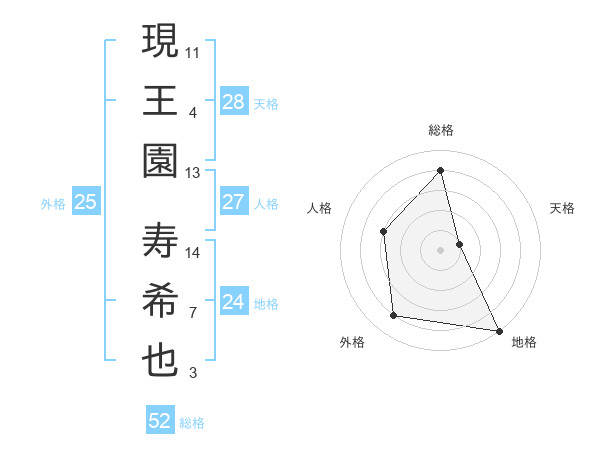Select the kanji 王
(x=160, y=100)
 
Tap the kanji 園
(x=160, y=161)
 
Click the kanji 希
(x=160, y=301)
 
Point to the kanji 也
(x=160, y=361)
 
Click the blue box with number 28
(x=233, y=101)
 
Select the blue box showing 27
(x=233, y=202)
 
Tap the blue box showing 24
(x=233, y=302)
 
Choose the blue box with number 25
(x=85, y=202)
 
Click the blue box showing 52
(x=160, y=421)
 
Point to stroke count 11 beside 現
(x=194, y=50)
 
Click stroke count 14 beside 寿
(x=194, y=252)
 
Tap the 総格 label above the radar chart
(x=441, y=130)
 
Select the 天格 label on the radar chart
(x=563, y=208)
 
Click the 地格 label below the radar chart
(x=524, y=342)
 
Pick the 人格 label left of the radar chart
(x=319, y=208)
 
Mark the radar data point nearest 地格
(x=498, y=330)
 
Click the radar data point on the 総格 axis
(x=441, y=170)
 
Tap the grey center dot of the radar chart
(x=441, y=249)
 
